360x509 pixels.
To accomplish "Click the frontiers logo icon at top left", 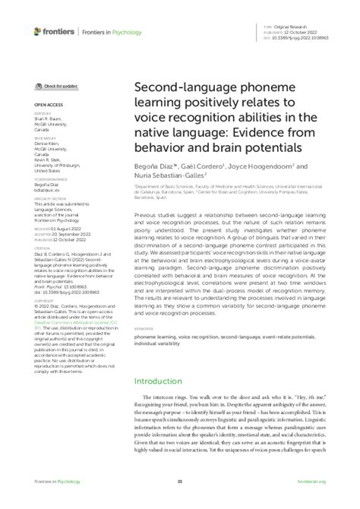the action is pyautogui.click(x=39, y=31).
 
